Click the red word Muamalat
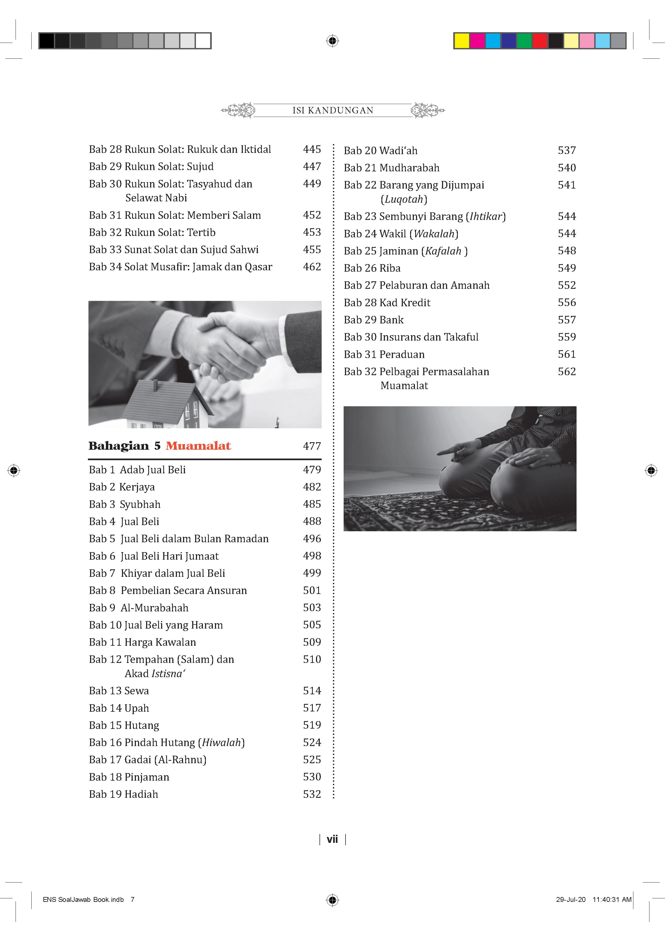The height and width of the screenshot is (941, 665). (x=198, y=446)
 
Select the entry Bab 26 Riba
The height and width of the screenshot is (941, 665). (x=372, y=268)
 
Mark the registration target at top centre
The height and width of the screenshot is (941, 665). (x=332, y=40)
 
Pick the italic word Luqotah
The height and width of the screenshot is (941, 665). (x=404, y=200)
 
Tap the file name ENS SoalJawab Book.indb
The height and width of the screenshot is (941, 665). (x=83, y=900)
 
